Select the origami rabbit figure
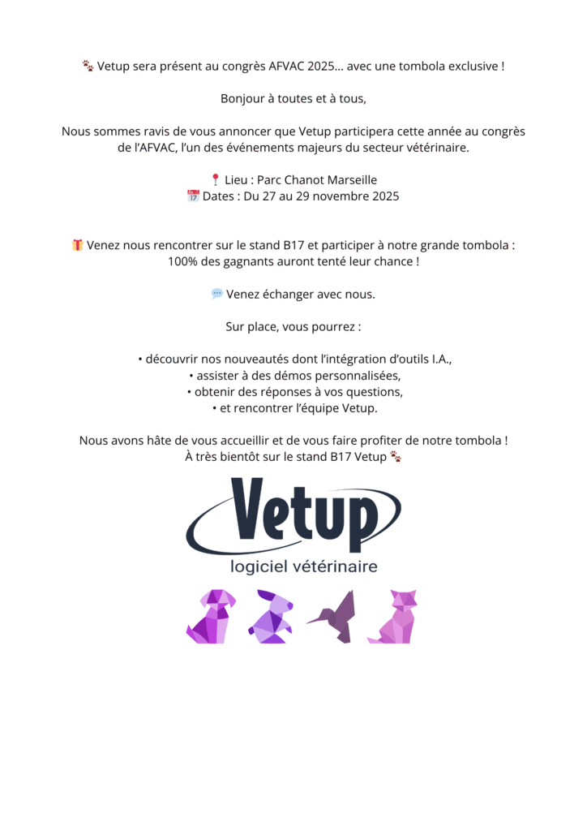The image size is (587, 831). (x=271, y=617)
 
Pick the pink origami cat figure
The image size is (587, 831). (x=394, y=617)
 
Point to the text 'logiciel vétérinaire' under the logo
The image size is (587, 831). (x=304, y=566)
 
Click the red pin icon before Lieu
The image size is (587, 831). (x=215, y=180)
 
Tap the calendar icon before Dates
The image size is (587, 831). (x=193, y=196)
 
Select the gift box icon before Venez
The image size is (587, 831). (x=78, y=245)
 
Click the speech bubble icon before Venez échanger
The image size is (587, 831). (x=216, y=294)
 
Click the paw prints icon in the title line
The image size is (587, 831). (x=88, y=66)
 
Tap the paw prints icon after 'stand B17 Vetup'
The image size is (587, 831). (x=396, y=457)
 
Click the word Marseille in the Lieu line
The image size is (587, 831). (x=351, y=180)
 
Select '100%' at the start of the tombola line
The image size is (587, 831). (x=182, y=261)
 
